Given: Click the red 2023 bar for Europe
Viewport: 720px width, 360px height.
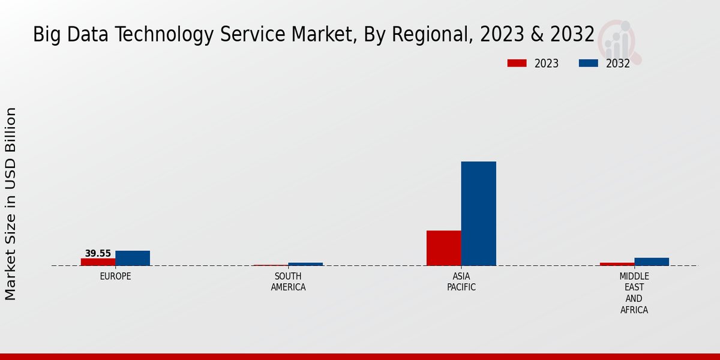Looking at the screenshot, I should (x=98, y=262).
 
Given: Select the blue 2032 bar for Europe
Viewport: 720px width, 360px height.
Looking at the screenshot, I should (x=133, y=258).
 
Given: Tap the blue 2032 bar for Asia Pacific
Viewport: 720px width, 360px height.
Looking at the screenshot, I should (x=478, y=214).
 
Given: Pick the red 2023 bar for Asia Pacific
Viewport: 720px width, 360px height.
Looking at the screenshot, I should (x=444, y=248).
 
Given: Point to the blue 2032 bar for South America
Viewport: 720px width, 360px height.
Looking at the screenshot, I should (x=305, y=264).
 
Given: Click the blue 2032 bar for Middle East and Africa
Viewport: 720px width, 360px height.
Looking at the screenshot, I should (x=652, y=262).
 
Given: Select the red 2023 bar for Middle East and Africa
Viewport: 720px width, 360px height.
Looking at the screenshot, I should (x=617, y=264).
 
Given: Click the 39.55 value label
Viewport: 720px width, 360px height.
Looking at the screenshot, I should (x=98, y=254).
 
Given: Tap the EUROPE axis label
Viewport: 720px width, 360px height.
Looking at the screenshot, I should (x=115, y=277).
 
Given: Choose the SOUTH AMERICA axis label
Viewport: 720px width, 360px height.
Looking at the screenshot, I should (x=288, y=282).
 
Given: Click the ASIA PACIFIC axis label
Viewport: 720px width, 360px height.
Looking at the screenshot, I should (x=461, y=282).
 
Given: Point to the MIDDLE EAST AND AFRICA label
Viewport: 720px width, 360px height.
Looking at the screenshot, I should (x=634, y=293).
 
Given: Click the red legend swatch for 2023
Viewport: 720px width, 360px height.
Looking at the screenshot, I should (x=517, y=63).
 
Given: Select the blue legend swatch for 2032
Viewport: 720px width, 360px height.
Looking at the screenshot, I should (x=588, y=63).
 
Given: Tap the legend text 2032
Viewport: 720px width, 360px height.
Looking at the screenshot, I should (x=617, y=64).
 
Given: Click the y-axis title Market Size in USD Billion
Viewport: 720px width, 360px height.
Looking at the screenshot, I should (x=11, y=204).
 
